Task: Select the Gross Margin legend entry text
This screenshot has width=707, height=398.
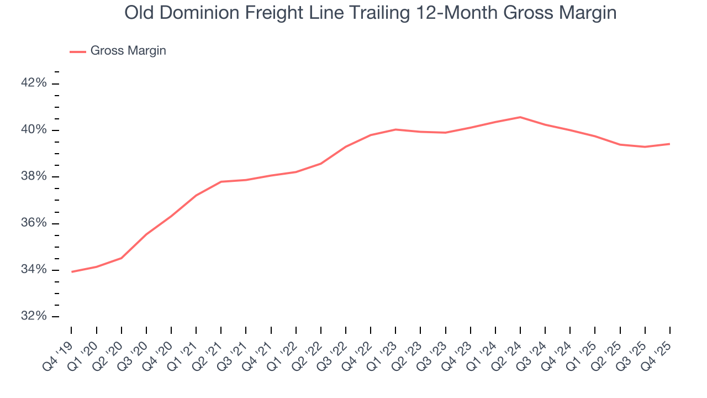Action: pos(128,51)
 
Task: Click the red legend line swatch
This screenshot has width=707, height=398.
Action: pos(77,51)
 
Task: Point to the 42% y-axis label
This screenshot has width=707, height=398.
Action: pos(34,83)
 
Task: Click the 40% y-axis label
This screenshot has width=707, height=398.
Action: pos(34,130)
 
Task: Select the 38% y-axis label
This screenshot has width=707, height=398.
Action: pos(34,177)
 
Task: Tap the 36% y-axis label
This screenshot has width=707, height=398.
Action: pos(34,223)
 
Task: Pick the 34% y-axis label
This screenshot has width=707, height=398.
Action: pos(34,270)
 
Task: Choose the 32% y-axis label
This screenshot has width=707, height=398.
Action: pos(34,317)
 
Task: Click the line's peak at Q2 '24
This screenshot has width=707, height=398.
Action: pos(520,117)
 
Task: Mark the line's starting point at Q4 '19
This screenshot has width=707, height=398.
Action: pos(72,271)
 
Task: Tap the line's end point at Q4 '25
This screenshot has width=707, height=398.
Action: pos(669,144)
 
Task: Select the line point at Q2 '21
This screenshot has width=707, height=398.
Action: pos(221,181)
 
